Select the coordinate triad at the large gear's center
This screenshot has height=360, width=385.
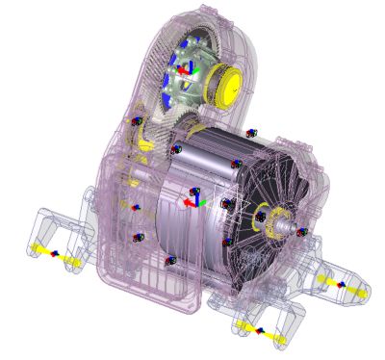coord(189,70)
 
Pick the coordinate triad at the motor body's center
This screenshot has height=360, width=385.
coord(194,199)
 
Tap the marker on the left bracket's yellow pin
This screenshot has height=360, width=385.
coord(54,253)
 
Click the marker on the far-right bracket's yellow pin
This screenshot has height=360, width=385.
coord(340,285)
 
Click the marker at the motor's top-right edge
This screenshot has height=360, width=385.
coord(251,133)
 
